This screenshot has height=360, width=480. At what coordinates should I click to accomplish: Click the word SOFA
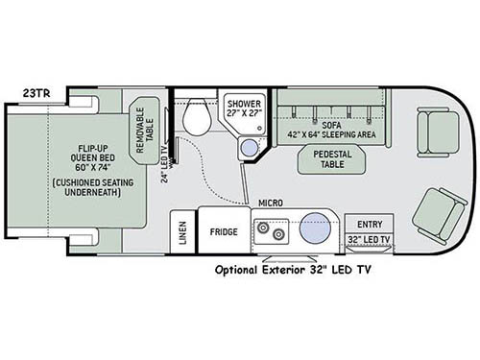pyautogui.click(x=330, y=125)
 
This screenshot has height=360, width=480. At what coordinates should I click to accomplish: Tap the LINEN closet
pyautogui.click(x=182, y=232)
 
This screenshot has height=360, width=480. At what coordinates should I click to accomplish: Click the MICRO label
pyautogui.click(x=270, y=204)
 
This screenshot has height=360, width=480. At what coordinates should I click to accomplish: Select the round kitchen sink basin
pyautogui.click(x=314, y=229)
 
